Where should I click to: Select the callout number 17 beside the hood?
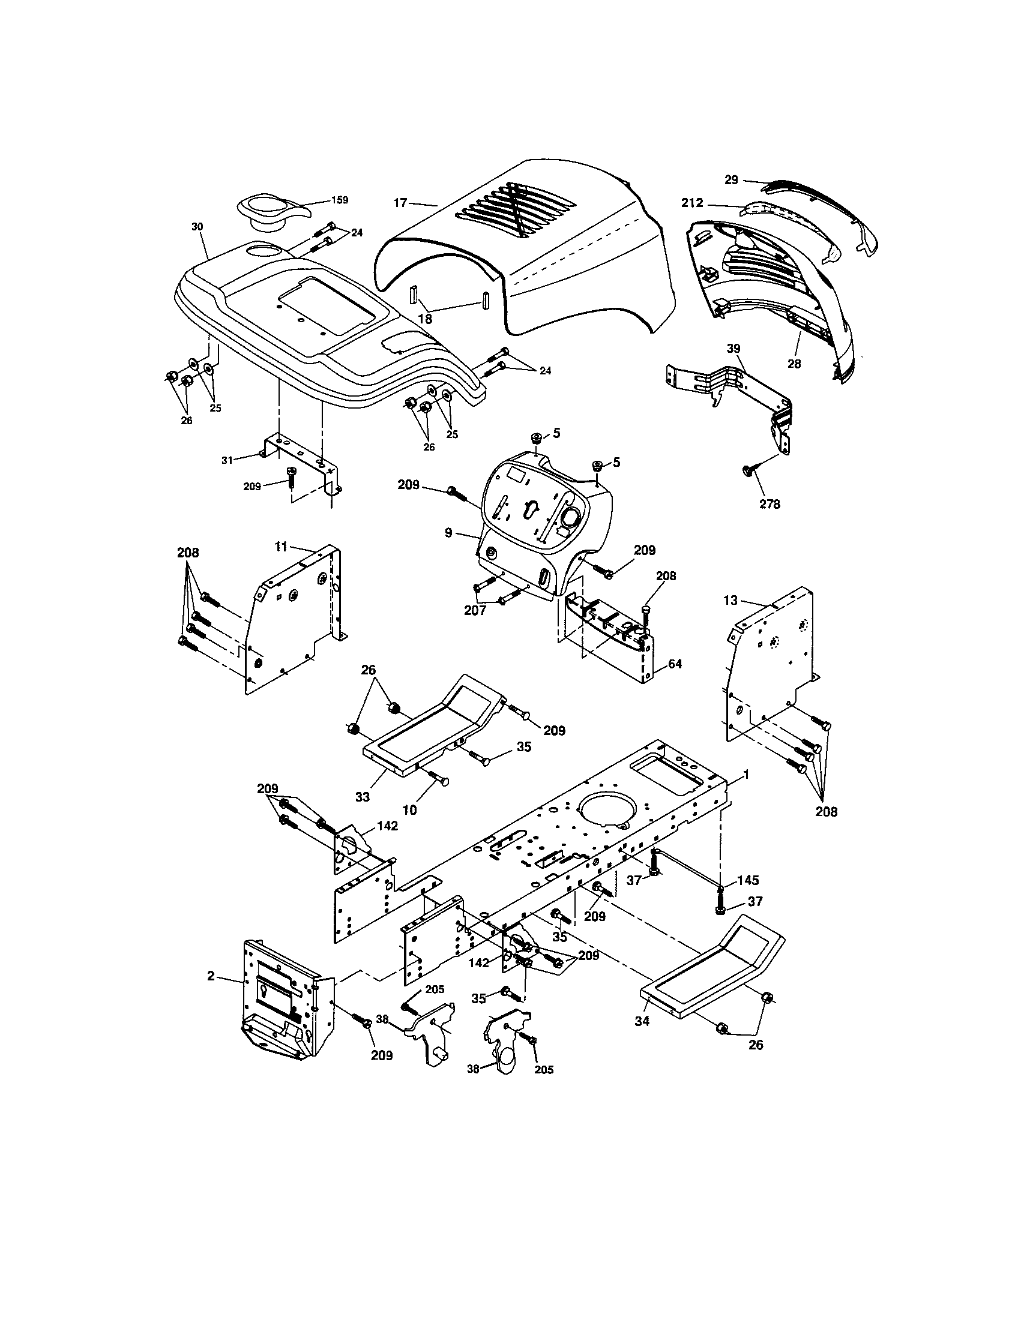tap(400, 203)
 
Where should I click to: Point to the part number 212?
tap(692, 203)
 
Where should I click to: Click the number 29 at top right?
tap(732, 179)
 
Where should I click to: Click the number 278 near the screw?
tap(770, 503)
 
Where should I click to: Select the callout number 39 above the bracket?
tap(733, 349)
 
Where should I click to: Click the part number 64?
tap(675, 664)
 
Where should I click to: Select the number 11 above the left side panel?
tap(280, 547)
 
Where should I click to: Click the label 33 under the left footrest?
tap(362, 797)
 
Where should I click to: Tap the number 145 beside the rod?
tap(747, 881)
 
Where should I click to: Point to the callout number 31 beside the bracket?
tap(227, 460)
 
